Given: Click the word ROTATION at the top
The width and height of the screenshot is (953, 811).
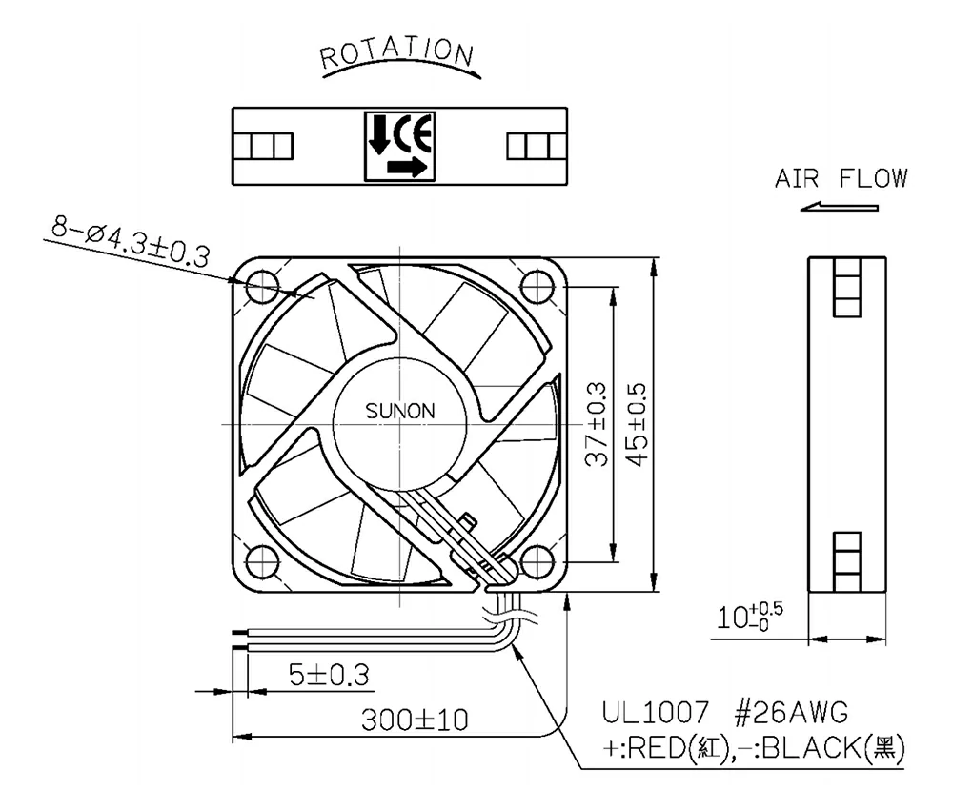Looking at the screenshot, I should tap(395, 56).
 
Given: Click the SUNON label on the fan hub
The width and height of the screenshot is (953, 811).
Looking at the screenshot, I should tap(400, 413).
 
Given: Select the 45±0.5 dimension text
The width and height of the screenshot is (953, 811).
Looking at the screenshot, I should tap(636, 424).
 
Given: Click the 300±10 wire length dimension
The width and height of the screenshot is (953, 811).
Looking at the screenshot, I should tap(415, 720).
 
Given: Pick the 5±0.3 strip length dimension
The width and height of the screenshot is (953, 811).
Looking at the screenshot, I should tap(329, 674).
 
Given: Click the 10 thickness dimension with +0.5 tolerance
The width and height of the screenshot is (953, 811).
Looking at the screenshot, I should tap(751, 618).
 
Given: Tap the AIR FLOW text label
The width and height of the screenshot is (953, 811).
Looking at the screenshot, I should tap(841, 178).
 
